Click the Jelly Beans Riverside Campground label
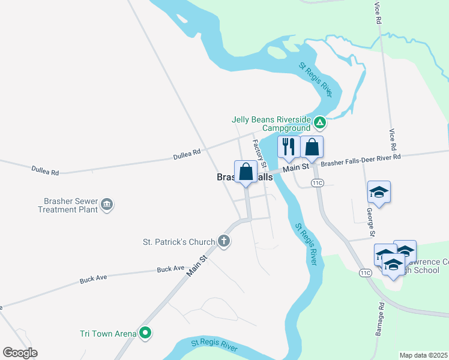point(271,123)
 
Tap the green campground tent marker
point(321,124)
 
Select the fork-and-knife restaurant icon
point(289,147)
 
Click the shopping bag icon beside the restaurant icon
point(312,147)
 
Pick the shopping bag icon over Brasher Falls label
point(246,172)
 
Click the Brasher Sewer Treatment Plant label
point(67,205)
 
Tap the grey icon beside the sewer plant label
point(107,205)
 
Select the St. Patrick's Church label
point(178,242)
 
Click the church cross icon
point(224,242)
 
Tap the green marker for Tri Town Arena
point(145,332)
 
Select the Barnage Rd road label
point(382,314)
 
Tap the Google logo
point(20,352)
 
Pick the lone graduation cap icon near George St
point(379,192)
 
